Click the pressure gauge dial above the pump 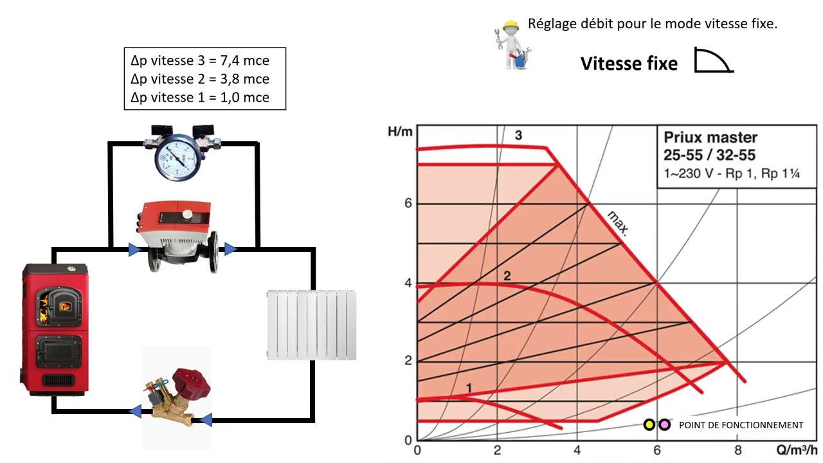178,158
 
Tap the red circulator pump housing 174,217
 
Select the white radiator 311,325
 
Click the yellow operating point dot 649,425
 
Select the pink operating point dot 664,425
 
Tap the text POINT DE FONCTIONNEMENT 741,425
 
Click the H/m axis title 400,132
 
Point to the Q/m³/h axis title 797,449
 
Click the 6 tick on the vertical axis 408,203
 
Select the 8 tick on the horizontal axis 737,450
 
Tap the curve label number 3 518,135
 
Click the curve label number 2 507,276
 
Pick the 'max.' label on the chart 619,223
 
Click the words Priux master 710,138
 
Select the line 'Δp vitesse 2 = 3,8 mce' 200,79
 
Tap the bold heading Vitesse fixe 629,64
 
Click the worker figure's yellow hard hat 511,26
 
